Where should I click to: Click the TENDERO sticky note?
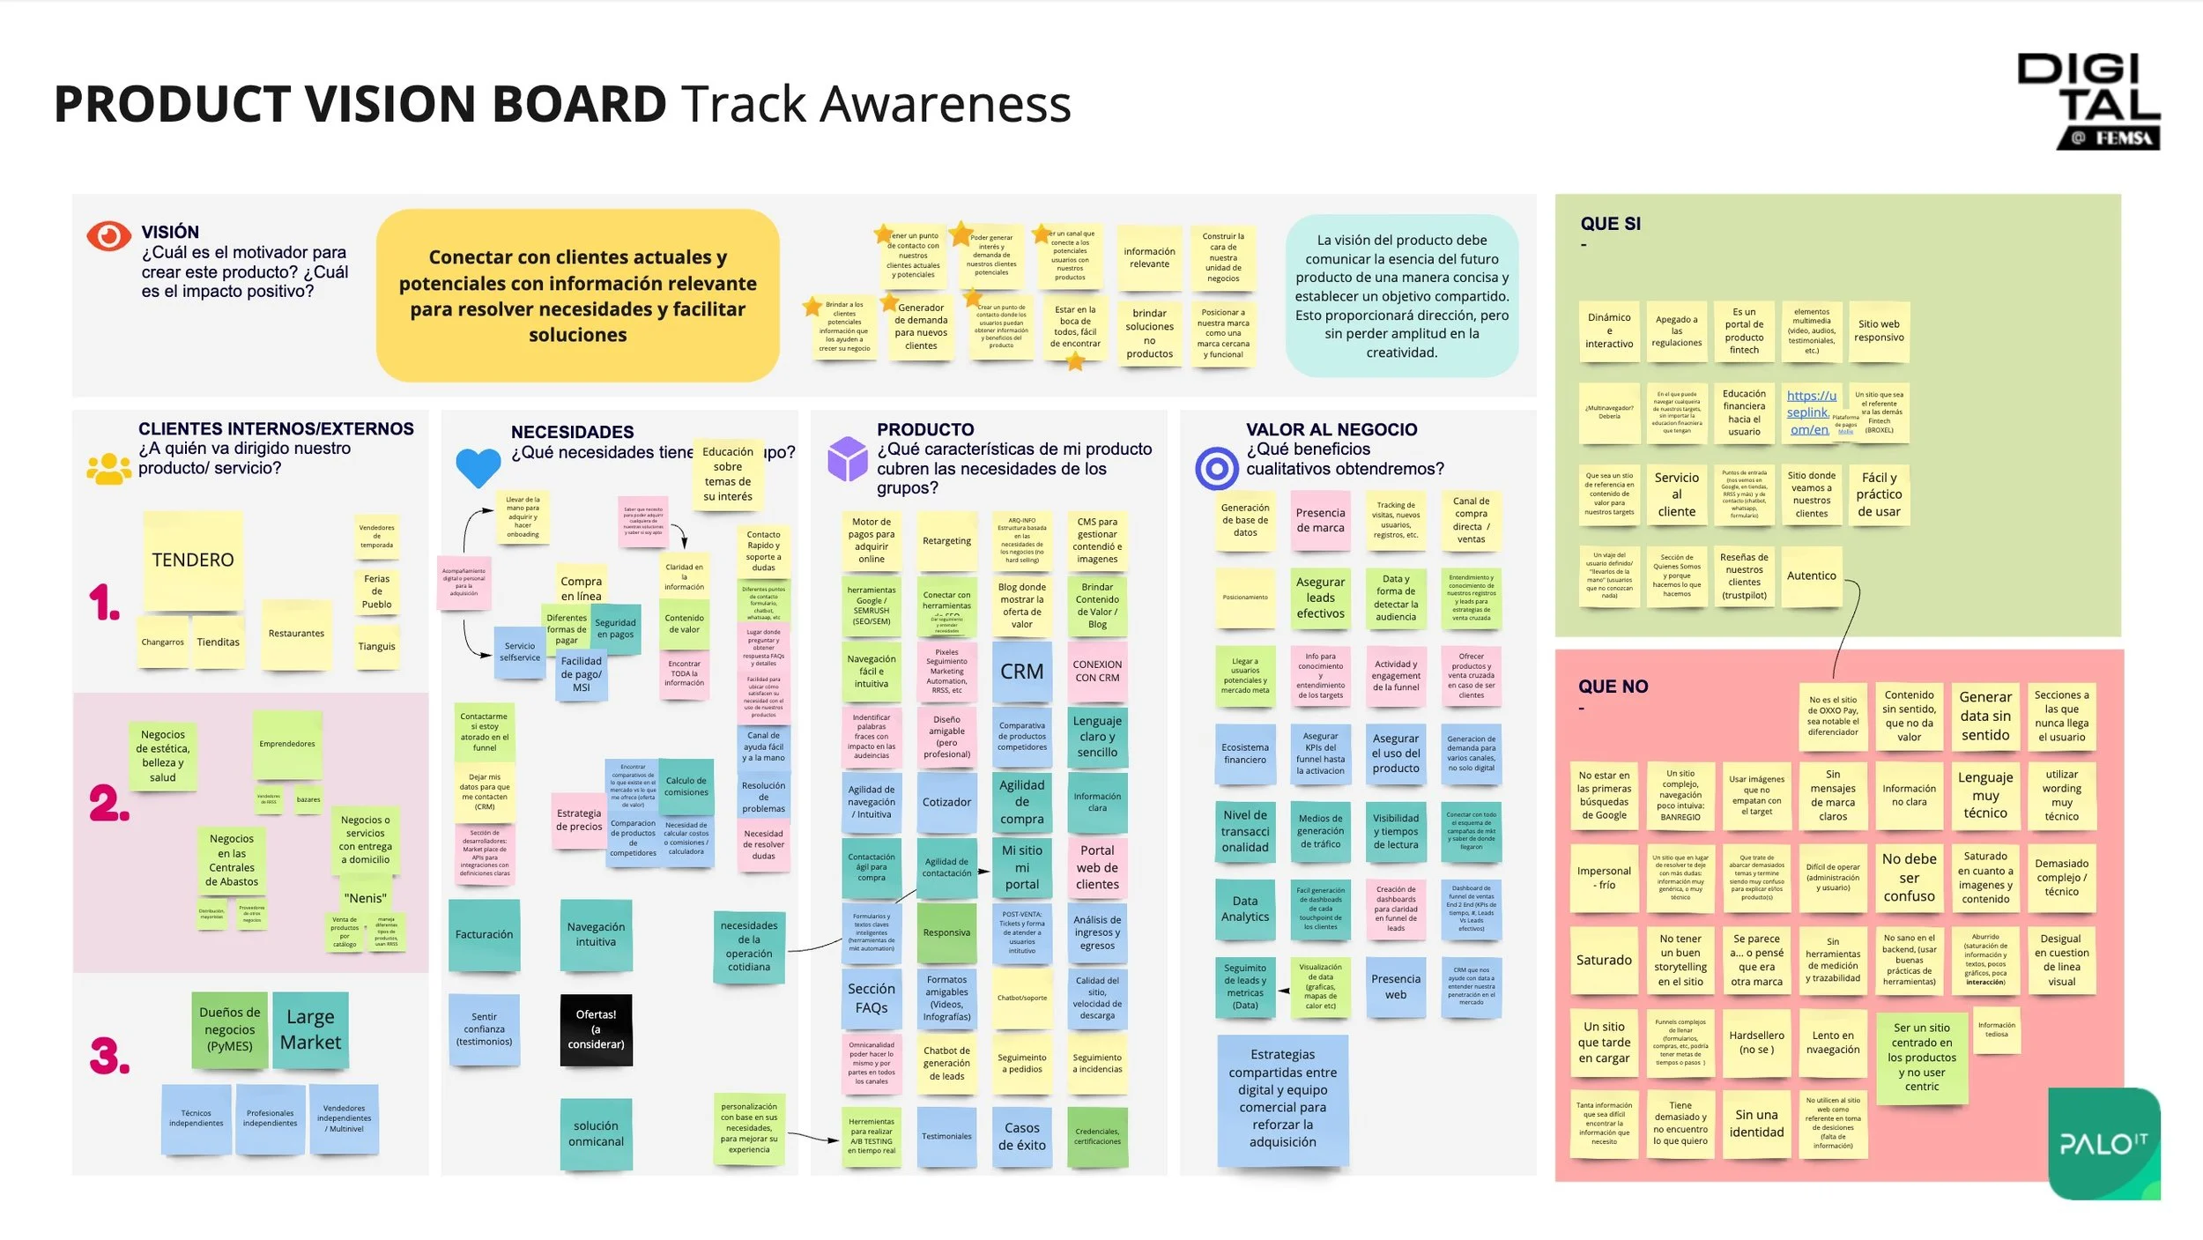click(x=193, y=561)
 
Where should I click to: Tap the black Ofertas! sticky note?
click(x=596, y=1028)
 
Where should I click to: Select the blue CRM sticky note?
click(x=1021, y=672)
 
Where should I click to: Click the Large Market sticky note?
click(x=310, y=1029)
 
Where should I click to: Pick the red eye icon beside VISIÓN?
click(x=108, y=236)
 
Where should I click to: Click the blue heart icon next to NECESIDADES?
click(x=478, y=467)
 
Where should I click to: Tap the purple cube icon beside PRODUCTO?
click(x=848, y=459)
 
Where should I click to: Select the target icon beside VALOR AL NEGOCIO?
click(x=1216, y=468)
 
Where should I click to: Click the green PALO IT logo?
click(x=2103, y=1143)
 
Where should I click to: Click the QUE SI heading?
click(x=1610, y=224)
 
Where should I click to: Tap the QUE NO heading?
click(x=1613, y=687)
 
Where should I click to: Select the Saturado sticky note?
click(x=1604, y=961)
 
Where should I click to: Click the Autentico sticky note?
click(x=1811, y=576)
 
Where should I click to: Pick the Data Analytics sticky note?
click(x=1244, y=909)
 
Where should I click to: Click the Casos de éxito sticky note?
click(x=1021, y=1136)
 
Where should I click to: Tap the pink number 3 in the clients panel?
click(x=109, y=1056)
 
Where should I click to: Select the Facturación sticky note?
click(x=484, y=934)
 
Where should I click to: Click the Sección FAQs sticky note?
click(x=871, y=998)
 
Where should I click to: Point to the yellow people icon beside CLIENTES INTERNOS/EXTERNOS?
click(x=109, y=468)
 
